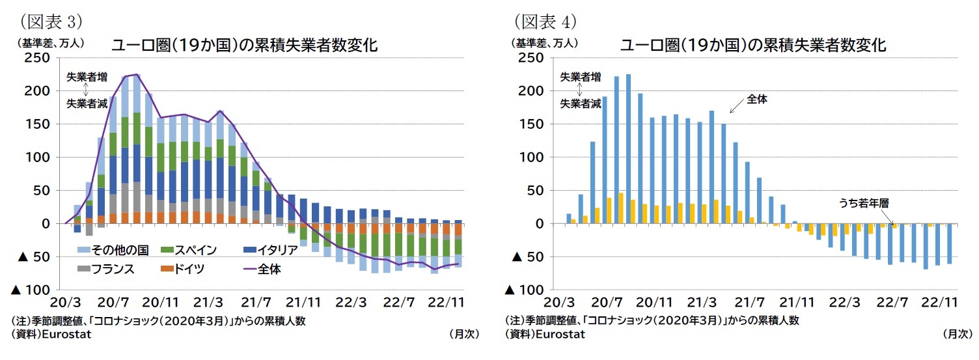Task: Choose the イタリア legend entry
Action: pyautogui.click(x=269, y=250)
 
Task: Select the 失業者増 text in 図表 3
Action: pyautogui.click(x=87, y=77)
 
